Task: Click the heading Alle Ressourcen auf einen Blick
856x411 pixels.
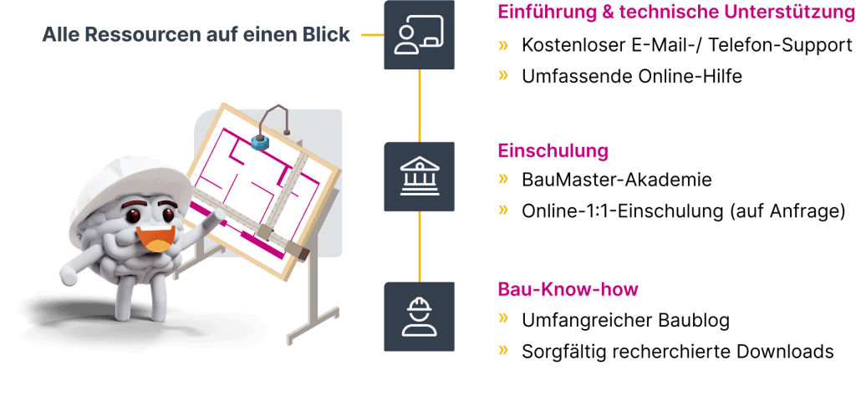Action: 196,36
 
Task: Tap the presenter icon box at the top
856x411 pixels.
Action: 420,35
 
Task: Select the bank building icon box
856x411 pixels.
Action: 420,176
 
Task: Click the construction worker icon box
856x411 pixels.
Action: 420,317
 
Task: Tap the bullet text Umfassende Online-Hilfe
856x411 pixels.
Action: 631,76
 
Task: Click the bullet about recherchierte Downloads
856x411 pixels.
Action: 677,352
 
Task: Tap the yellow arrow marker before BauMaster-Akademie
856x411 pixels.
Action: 503,179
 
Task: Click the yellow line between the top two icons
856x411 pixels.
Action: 420,105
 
